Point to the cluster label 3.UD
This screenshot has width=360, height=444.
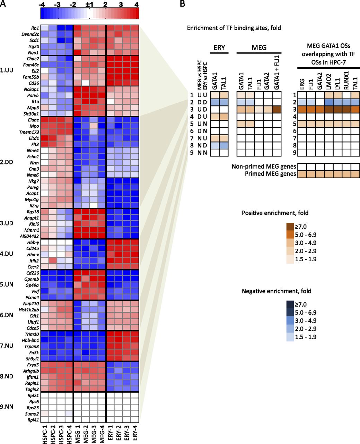tap(7, 223)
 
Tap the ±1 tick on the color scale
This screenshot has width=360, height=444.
tap(89, 5)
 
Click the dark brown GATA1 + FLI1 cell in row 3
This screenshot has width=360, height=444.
tap(277, 109)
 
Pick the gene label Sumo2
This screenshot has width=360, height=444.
tap(33, 414)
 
